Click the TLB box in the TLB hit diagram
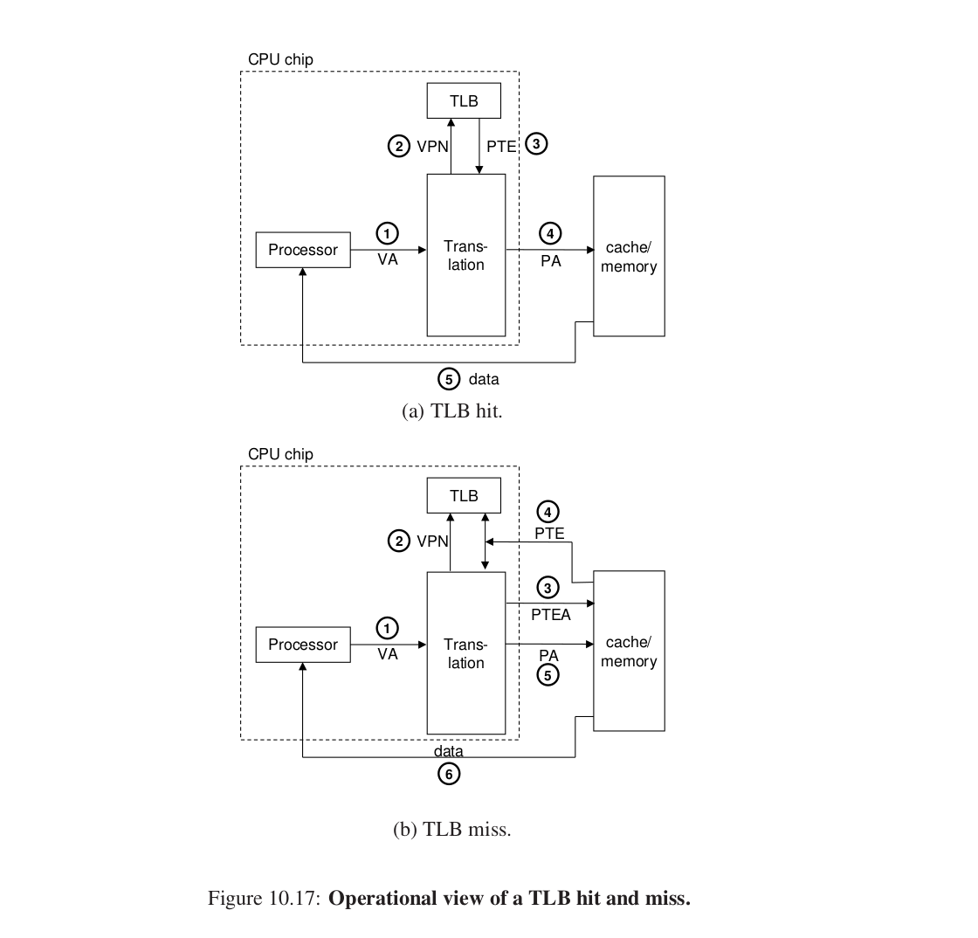(x=464, y=100)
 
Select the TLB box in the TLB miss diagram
(x=464, y=496)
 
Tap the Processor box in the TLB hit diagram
(x=302, y=250)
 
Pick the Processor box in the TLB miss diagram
(x=302, y=645)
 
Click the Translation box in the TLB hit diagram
(x=465, y=255)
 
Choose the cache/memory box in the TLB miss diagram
(x=629, y=652)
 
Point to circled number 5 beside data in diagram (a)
(x=449, y=379)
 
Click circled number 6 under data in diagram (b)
(x=449, y=773)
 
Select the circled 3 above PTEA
(x=548, y=588)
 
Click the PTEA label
(x=550, y=615)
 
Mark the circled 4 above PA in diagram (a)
(x=549, y=233)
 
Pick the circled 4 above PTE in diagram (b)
(x=548, y=511)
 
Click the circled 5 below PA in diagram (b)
(x=548, y=675)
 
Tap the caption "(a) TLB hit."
(x=452, y=410)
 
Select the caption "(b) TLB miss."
(x=452, y=830)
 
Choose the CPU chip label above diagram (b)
(x=280, y=454)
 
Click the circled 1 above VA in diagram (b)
(x=387, y=627)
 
